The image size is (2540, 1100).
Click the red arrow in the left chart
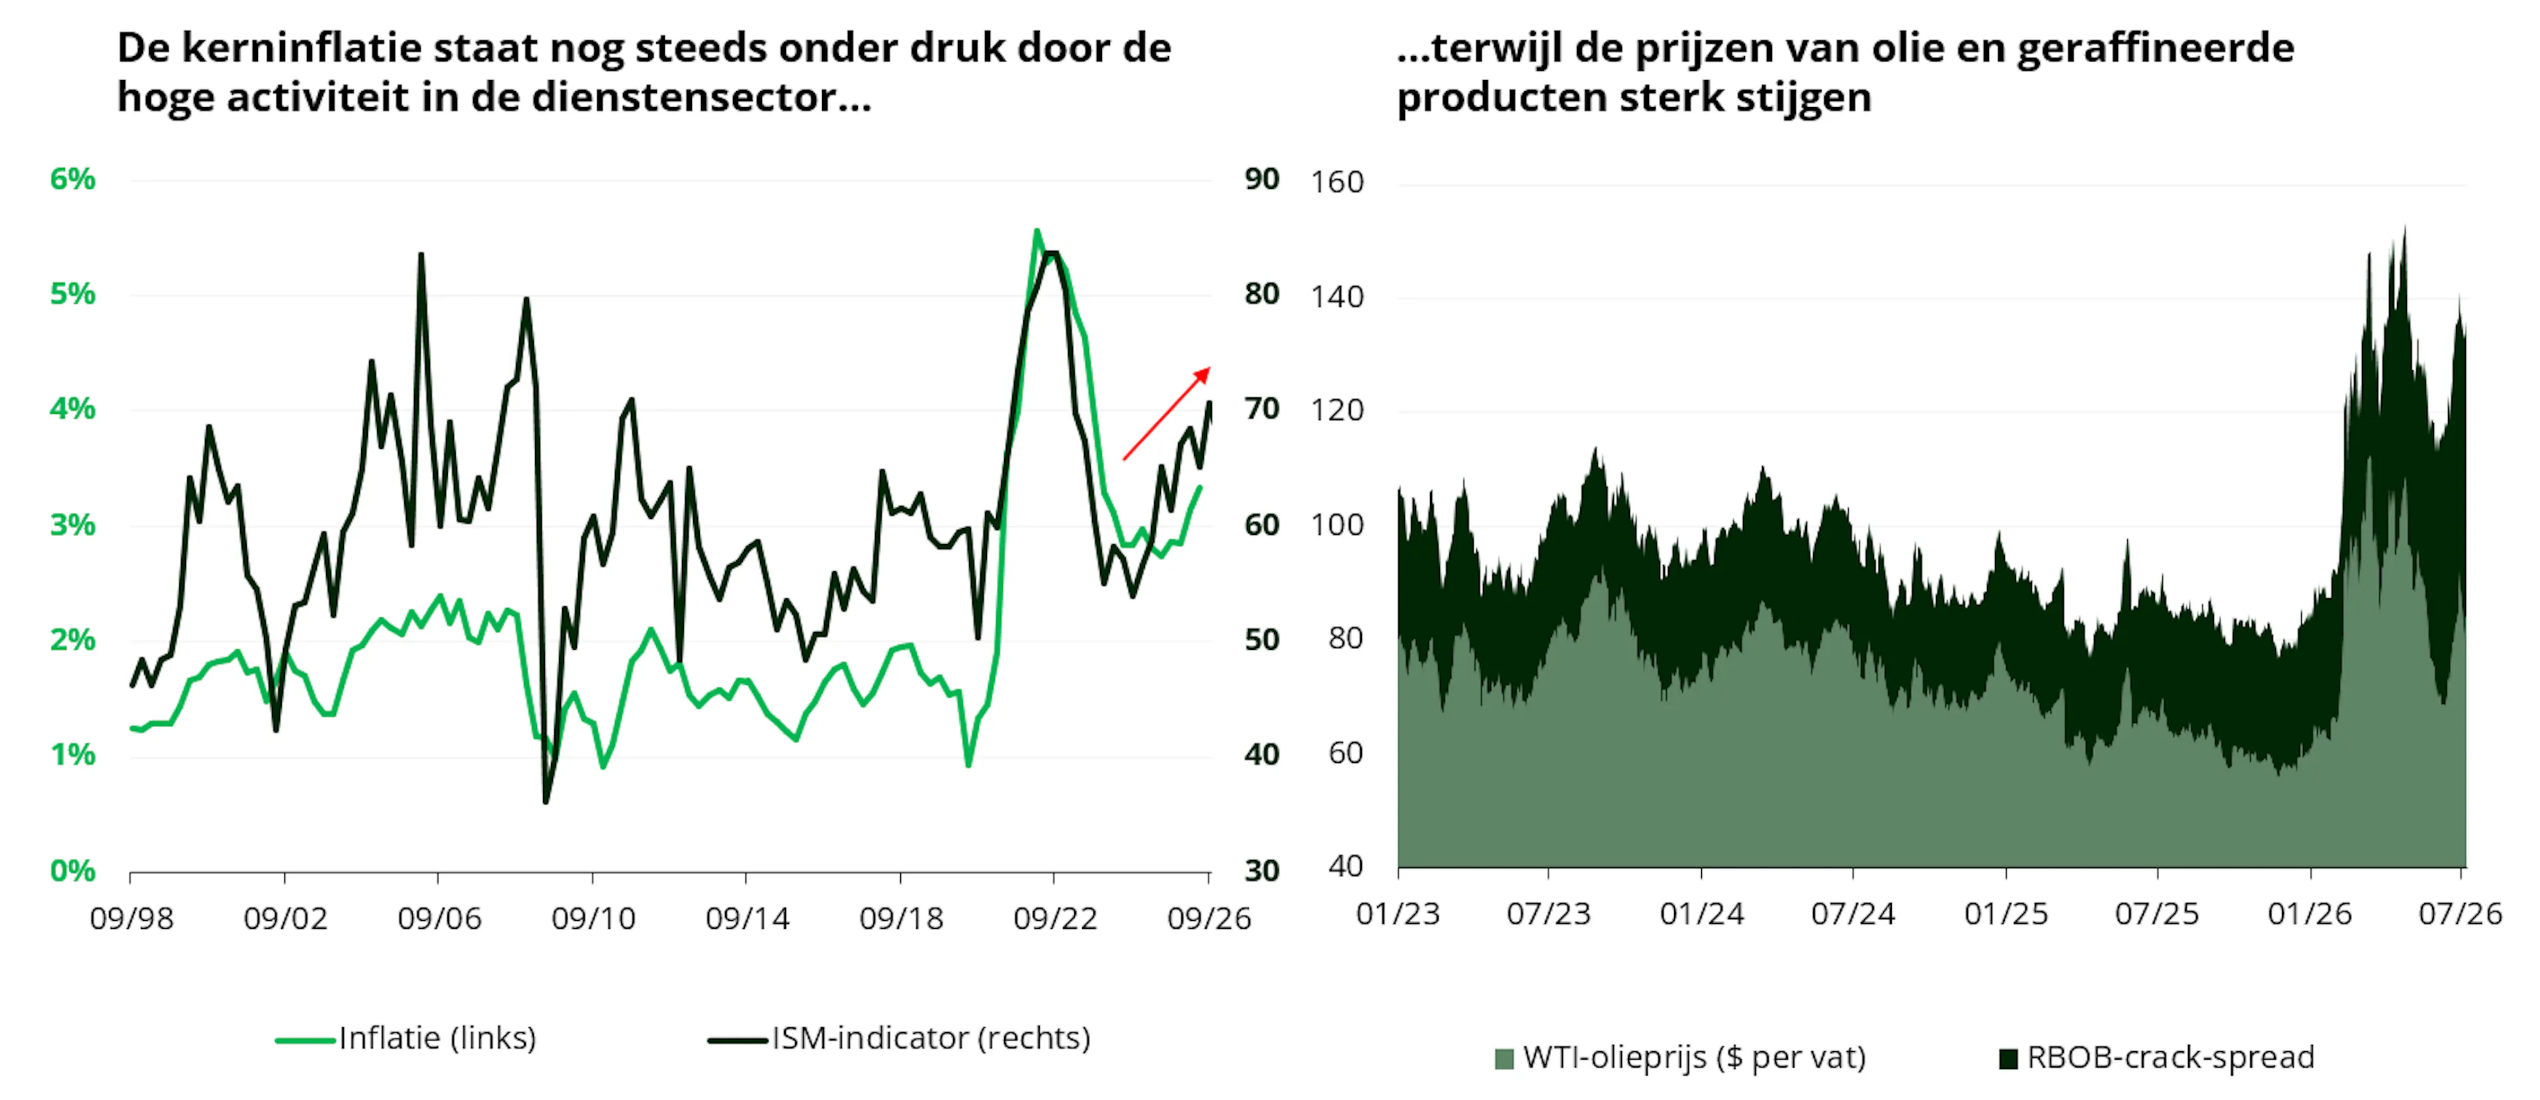(x=1166, y=413)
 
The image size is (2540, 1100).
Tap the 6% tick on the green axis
(x=72, y=179)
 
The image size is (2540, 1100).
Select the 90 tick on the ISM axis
(x=1261, y=179)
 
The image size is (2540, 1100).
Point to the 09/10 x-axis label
(x=593, y=919)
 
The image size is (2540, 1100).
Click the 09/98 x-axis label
(x=131, y=919)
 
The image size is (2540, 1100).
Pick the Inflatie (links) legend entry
(x=406, y=1038)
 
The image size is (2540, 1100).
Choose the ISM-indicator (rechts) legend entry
(x=900, y=1038)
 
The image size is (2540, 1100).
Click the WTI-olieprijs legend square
(x=1503, y=1058)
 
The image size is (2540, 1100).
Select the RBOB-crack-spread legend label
(x=2170, y=1058)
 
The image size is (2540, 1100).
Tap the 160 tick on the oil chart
(x=1337, y=182)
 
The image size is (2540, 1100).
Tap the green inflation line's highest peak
(x=1037, y=231)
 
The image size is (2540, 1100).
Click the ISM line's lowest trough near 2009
(x=545, y=801)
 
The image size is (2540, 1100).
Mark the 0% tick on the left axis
(x=72, y=871)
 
